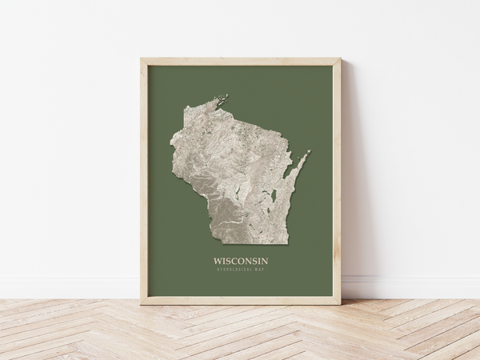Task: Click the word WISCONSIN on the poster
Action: point(240,261)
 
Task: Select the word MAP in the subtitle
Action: point(258,270)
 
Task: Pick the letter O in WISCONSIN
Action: point(243,261)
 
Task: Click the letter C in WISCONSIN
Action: point(236,261)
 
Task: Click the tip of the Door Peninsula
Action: point(308,152)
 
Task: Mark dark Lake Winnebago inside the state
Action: point(274,194)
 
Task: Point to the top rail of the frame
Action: point(240,62)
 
